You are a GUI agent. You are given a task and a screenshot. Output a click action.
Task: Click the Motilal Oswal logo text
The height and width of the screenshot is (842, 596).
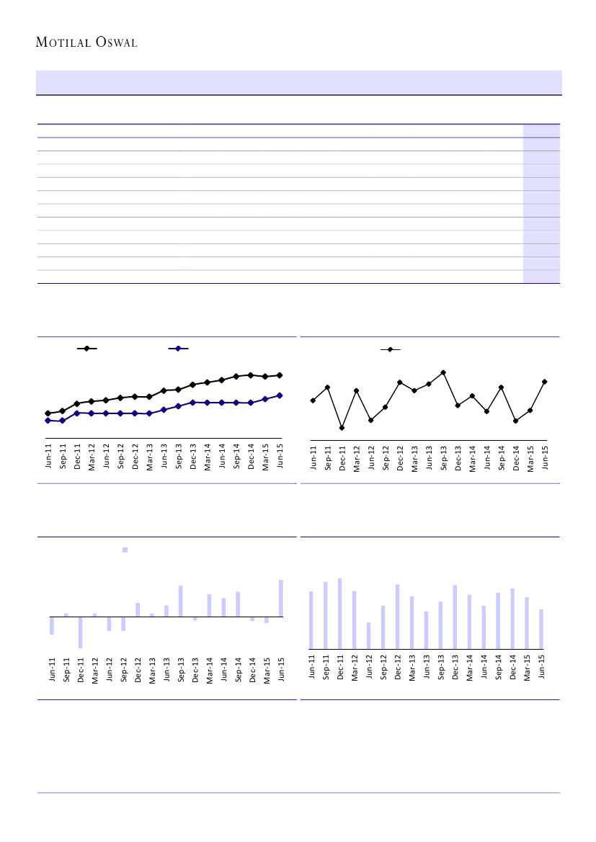point(86,42)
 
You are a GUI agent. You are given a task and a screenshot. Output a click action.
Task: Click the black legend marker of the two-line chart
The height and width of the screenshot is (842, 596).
point(86,349)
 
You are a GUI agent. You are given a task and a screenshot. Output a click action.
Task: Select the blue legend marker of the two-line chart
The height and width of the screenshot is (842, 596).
point(178,349)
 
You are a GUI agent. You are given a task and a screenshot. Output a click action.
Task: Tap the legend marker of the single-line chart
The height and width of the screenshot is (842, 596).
point(390,349)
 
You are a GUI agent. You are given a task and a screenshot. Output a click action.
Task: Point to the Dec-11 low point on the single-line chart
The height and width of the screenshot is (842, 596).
point(342,428)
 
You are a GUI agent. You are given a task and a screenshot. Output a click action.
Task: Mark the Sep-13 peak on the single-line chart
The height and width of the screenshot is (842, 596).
point(443,372)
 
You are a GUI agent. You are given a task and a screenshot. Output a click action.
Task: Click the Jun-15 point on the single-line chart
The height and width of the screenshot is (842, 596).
point(545,382)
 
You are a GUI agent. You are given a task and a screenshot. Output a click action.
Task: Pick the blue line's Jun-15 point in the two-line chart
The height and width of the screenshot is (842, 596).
point(280,395)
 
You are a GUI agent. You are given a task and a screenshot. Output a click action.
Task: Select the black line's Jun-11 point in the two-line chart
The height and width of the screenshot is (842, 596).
point(48,413)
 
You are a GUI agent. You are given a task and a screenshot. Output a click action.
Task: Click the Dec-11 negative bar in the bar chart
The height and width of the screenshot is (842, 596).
point(81,632)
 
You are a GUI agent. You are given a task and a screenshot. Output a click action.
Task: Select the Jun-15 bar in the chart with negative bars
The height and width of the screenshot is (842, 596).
point(281,598)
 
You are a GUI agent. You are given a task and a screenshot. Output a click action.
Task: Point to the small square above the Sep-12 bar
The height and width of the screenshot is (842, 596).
point(125,550)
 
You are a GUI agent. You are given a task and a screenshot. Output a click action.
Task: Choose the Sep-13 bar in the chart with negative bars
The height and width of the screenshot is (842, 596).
point(181,601)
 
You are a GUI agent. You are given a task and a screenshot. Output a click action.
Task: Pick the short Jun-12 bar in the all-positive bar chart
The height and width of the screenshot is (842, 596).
point(368,636)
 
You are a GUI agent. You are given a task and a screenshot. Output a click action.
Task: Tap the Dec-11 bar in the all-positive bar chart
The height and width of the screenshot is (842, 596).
point(339,614)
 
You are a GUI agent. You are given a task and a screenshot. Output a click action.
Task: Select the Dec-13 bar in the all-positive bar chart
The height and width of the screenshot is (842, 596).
point(455,617)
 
